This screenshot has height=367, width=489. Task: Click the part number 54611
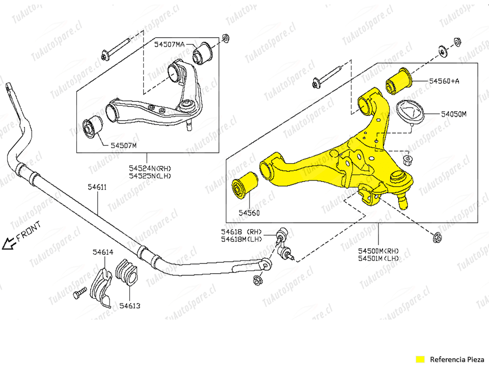point(97,187)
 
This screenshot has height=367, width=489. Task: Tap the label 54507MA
point(170,45)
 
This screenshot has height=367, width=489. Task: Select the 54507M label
point(124,145)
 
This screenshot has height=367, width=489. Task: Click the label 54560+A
point(444,81)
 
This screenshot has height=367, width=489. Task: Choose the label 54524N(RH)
point(150,168)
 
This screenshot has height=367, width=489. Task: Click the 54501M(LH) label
point(378,258)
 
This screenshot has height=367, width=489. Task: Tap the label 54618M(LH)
point(241,239)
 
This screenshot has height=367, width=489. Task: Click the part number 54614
point(103,252)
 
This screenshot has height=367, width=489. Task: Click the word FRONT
point(31,233)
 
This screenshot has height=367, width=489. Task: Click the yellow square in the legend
point(420,358)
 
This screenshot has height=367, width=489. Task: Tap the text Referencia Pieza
point(455,358)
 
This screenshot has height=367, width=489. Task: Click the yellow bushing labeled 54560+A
point(399,82)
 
